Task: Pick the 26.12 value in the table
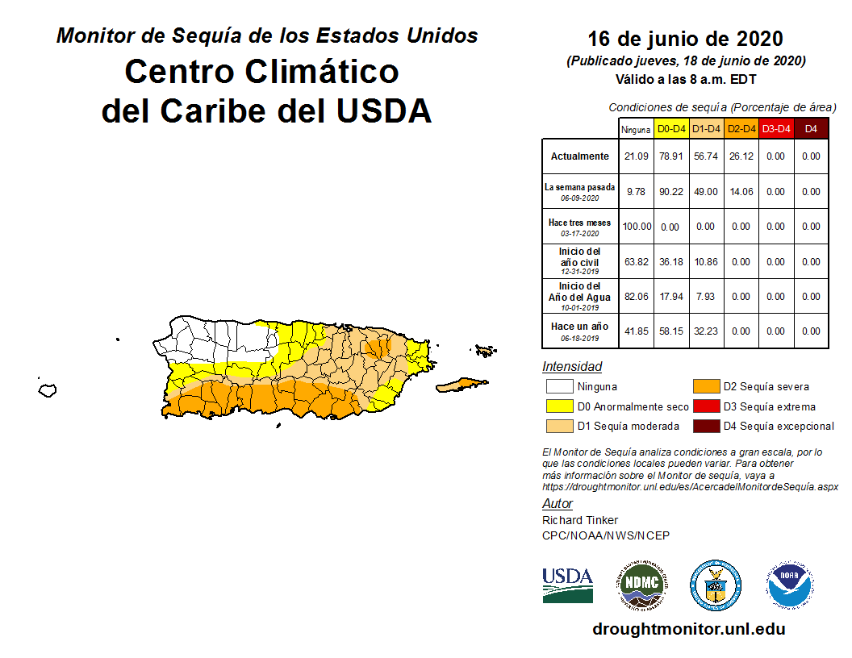[x=740, y=156]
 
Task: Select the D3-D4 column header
[x=775, y=128]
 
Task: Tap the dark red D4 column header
[x=811, y=128]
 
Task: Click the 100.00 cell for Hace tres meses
[x=636, y=227]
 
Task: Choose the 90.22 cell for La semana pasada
[x=670, y=192]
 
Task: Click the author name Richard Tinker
[x=580, y=520]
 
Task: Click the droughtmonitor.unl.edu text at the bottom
[x=688, y=629]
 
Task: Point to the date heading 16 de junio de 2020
[x=685, y=39]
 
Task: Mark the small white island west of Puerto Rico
[x=48, y=390]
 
